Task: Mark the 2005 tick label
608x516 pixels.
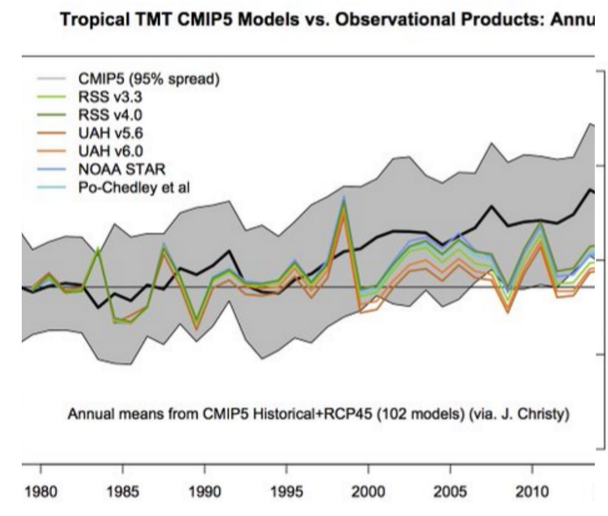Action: tap(450, 494)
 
